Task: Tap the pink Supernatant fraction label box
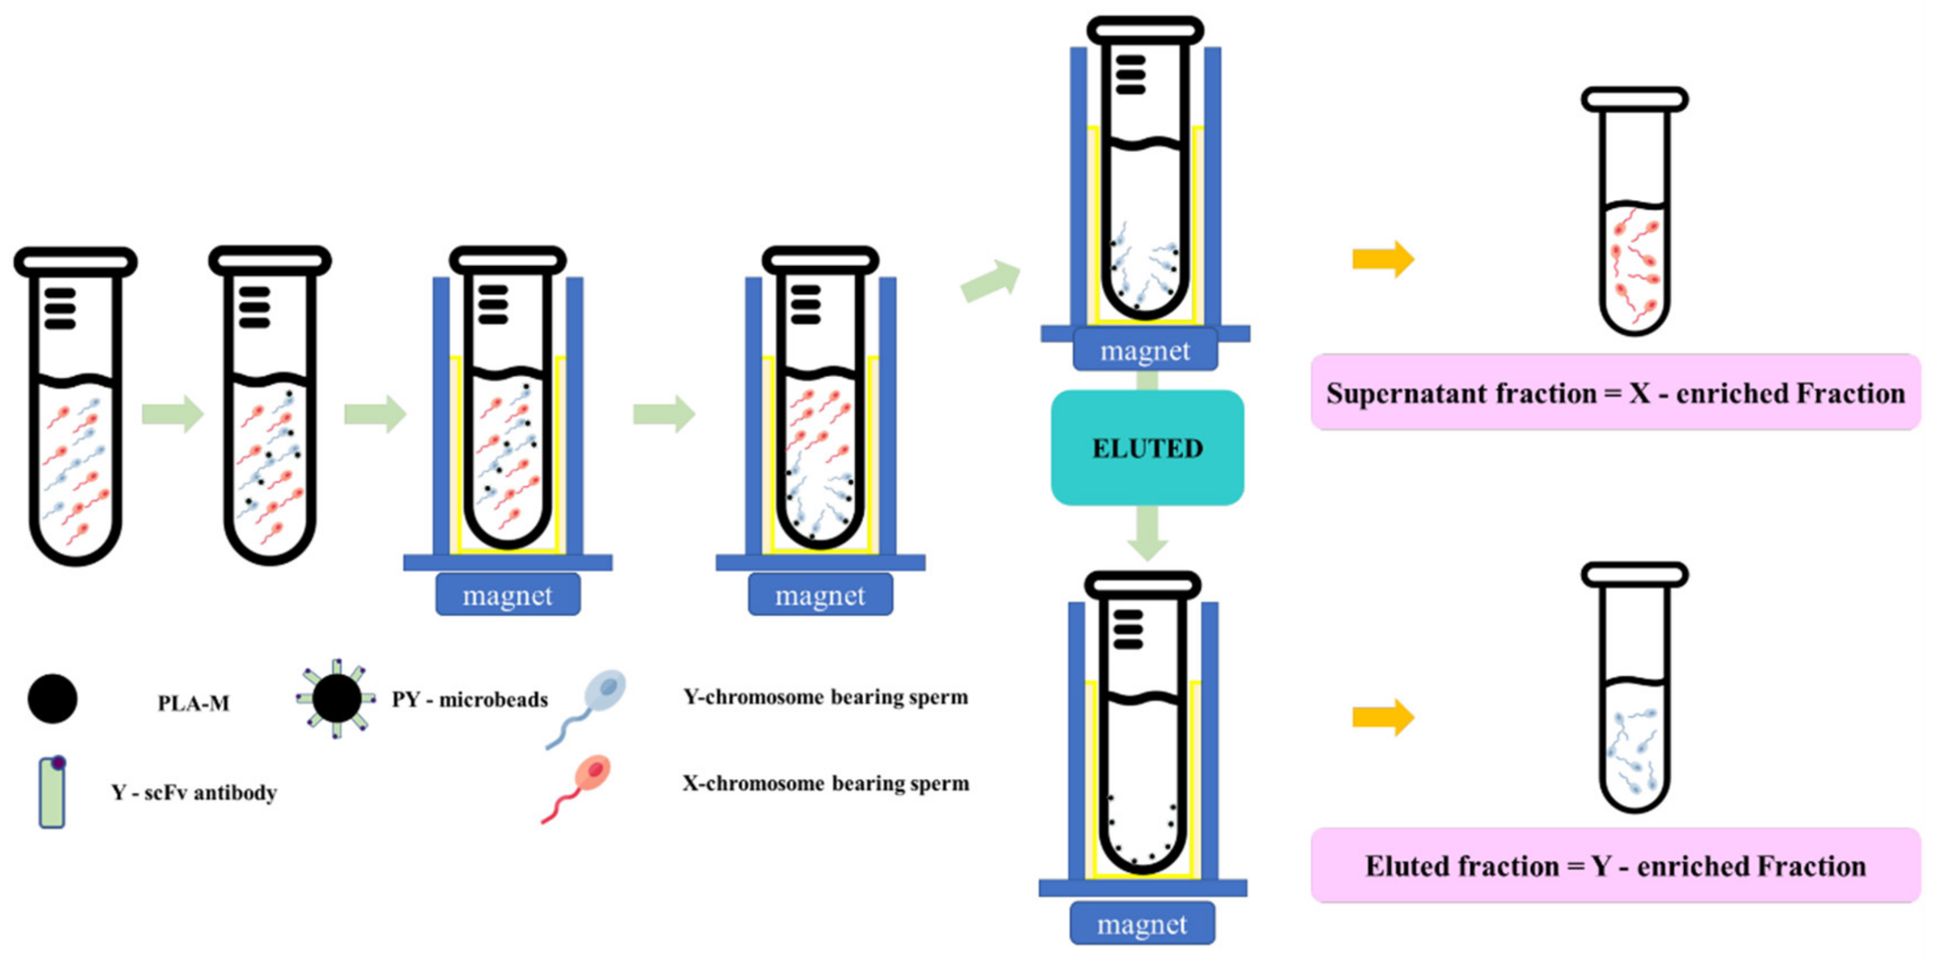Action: pyautogui.click(x=1615, y=393)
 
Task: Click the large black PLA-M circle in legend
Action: pyautogui.click(x=52, y=699)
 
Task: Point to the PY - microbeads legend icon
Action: pyautogui.click(x=336, y=699)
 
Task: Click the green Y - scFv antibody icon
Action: pyautogui.click(x=52, y=793)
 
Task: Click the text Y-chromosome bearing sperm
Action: pyautogui.click(x=825, y=697)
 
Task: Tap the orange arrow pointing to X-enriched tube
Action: pyautogui.click(x=1383, y=259)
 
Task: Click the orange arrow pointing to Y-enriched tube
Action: pyautogui.click(x=1383, y=717)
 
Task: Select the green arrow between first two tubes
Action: pyautogui.click(x=172, y=413)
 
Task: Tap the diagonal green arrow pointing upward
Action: pyautogui.click(x=990, y=282)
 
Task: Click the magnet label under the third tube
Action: pyautogui.click(x=507, y=595)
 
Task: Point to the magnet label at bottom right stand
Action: pyautogui.click(x=1142, y=924)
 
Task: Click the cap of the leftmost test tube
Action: pyautogui.click(x=75, y=262)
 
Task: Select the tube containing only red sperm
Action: pyautogui.click(x=1634, y=256)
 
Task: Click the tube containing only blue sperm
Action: pyautogui.click(x=1634, y=738)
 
